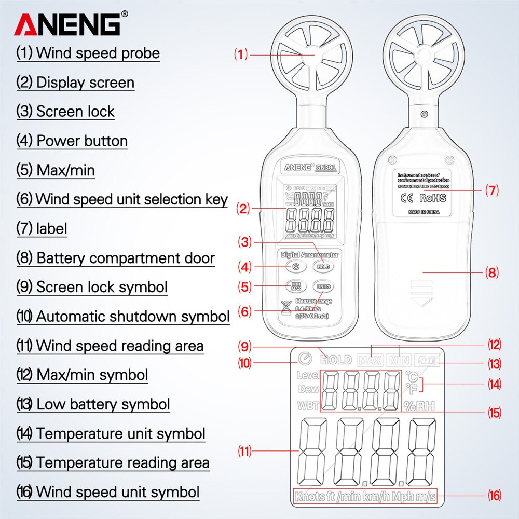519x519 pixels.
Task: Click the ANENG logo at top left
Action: click(x=67, y=24)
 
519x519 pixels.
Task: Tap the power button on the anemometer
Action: click(x=295, y=267)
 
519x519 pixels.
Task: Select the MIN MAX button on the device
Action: click(x=295, y=286)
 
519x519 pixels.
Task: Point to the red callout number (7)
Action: click(x=492, y=190)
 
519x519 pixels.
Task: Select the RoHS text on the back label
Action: click(x=432, y=198)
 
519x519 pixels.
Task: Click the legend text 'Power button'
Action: click(x=81, y=141)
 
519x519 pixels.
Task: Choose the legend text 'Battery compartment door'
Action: click(x=125, y=258)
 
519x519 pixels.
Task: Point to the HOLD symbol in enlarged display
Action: click(x=336, y=359)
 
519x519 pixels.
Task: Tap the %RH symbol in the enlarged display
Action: click(x=419, y=406)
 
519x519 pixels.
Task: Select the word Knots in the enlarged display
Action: click(x=310, y=497)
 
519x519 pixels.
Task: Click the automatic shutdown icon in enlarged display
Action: click(x=306, y=359)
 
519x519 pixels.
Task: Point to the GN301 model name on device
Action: click(x=325, y=167)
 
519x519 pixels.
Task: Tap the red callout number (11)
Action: click(x=244, y=452)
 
